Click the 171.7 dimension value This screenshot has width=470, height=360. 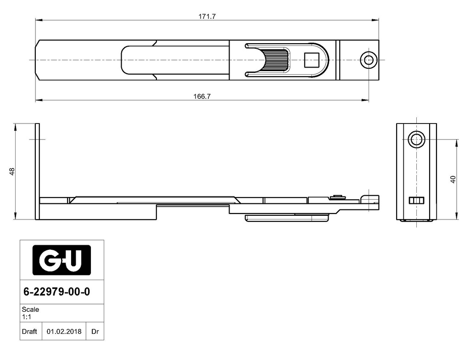(x=207, y=17)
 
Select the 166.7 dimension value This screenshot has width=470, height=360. (x=202, y=96)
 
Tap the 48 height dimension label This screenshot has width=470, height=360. (x=12, y=171)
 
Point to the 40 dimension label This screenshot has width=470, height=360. (x=453, y=180)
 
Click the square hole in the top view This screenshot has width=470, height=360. (x=312, y=60)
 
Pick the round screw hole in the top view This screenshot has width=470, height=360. (x=369, y=60)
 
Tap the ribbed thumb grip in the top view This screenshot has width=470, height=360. (x=276, y=60)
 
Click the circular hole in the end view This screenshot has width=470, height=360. (x=416, y=139)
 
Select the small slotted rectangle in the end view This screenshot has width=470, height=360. (x=417, y=200)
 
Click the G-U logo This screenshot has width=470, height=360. (x=62, y=260)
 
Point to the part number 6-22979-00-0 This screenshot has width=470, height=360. (x=56, y=292)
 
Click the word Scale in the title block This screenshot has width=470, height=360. (x=30, y=309)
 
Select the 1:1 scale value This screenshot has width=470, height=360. (x=26, y=317)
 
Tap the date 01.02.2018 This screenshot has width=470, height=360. (x=64, y=332)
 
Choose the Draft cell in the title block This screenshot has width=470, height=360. (x=29, y=332)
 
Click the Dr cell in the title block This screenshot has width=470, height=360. (x=95, y=332)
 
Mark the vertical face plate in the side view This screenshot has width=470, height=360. (x=38, y=171)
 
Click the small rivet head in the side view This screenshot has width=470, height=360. (x=338, y=197)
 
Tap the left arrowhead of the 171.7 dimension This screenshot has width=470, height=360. (x=39, y=20)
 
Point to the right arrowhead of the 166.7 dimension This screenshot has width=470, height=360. (x=365, y=100)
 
